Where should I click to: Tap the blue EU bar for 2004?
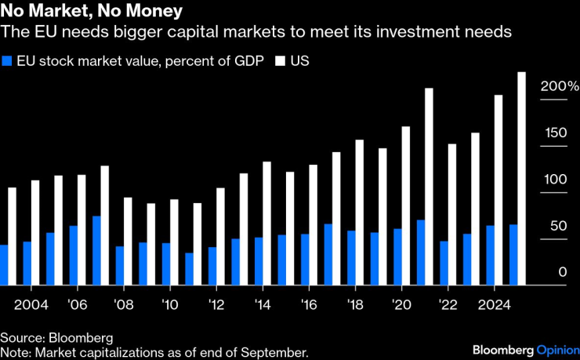point(27,264)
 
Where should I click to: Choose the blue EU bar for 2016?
point(305,260)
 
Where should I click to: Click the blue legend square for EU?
point(7,60)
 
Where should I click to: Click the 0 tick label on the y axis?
point(562,272)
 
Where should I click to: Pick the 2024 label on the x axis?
point(495,304)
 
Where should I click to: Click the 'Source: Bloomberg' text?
point(56,338)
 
